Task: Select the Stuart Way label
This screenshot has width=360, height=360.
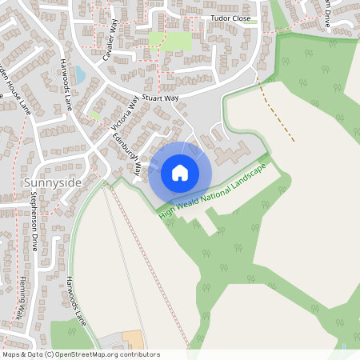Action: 160,98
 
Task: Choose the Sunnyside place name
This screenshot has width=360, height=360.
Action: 47,182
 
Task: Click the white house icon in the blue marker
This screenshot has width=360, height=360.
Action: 180,172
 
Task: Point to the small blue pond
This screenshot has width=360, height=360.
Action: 80,75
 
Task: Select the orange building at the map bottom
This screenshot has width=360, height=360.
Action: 131,339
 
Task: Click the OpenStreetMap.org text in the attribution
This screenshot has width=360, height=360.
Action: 99,354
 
